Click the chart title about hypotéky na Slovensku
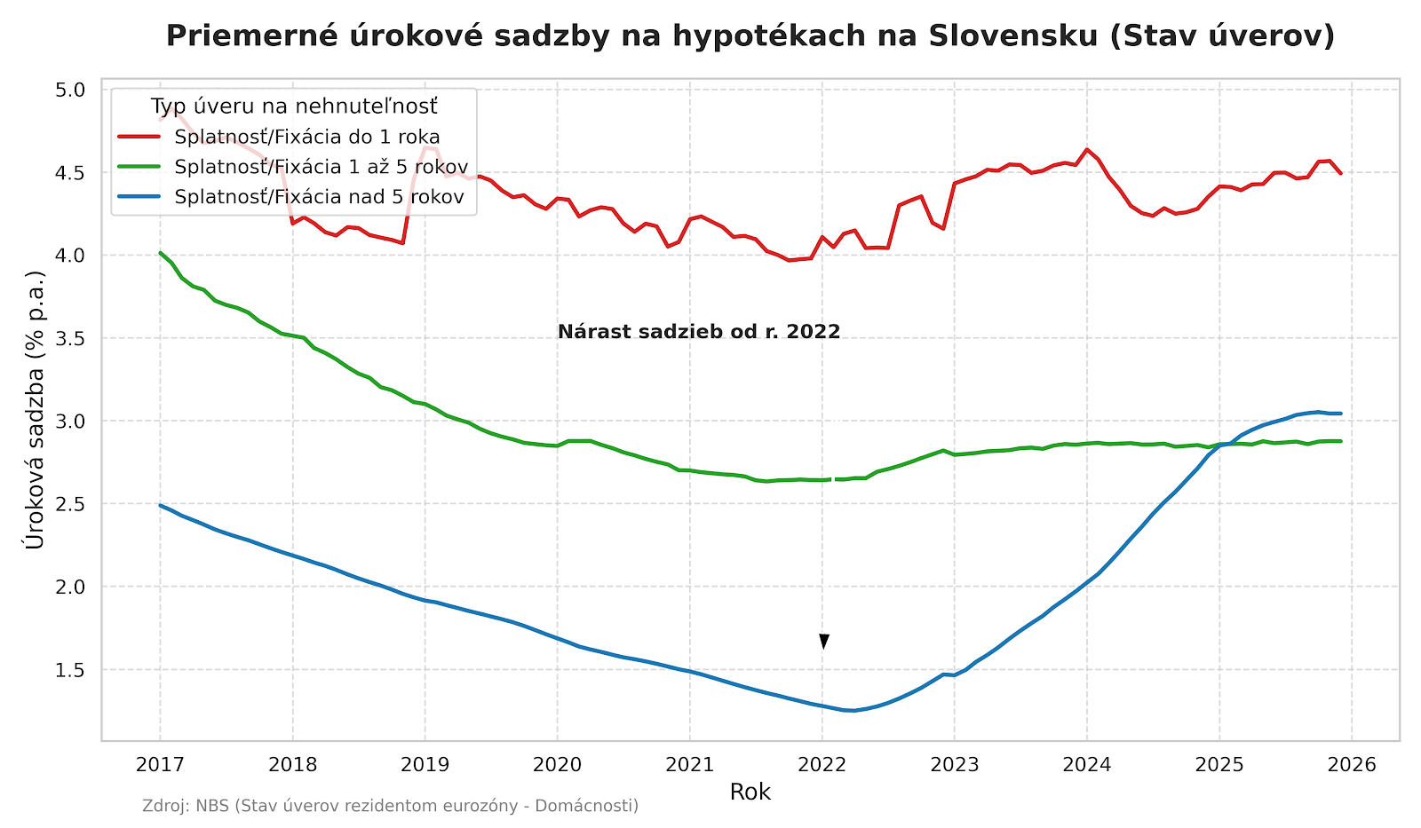click(750, 35)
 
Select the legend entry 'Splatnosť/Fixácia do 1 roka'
click(307, 138)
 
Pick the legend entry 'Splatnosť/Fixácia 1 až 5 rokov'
click(321, 167)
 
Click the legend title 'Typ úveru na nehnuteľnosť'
click(294, 106)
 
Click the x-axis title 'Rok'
click(750, 792)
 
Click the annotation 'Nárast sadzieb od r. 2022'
click(699, 332)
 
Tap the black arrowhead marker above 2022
click(824, 641)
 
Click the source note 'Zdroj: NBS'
click(390, 806)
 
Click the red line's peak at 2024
click(1086, 149)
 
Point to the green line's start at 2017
click(161, 253)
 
